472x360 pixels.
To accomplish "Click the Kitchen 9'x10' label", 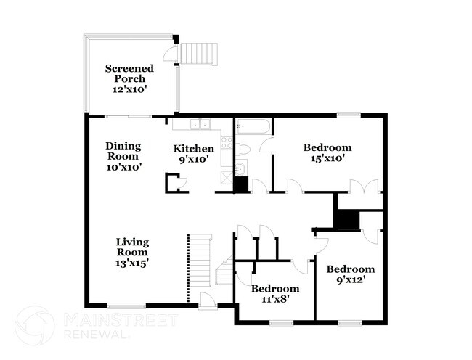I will [x=193, y=154].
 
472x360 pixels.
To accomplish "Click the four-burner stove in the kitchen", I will [x=225, y=142].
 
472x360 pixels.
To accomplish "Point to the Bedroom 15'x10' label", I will [x=327, y=152].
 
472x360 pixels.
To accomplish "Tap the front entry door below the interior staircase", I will [x=208, y=301].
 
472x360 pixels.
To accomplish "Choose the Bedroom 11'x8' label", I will [x=275, y=293].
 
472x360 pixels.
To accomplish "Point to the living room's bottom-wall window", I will [x=127, y=305].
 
